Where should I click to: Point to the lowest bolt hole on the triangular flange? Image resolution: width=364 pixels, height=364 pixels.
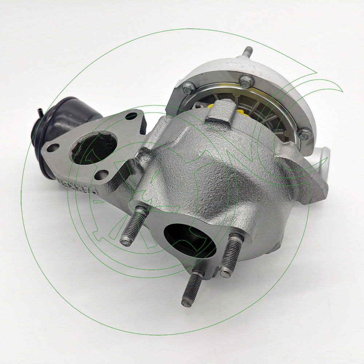[99, 174]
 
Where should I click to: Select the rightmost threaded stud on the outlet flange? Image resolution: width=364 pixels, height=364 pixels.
[232, 255]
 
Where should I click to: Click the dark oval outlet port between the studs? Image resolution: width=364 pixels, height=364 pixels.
[185, 238]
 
